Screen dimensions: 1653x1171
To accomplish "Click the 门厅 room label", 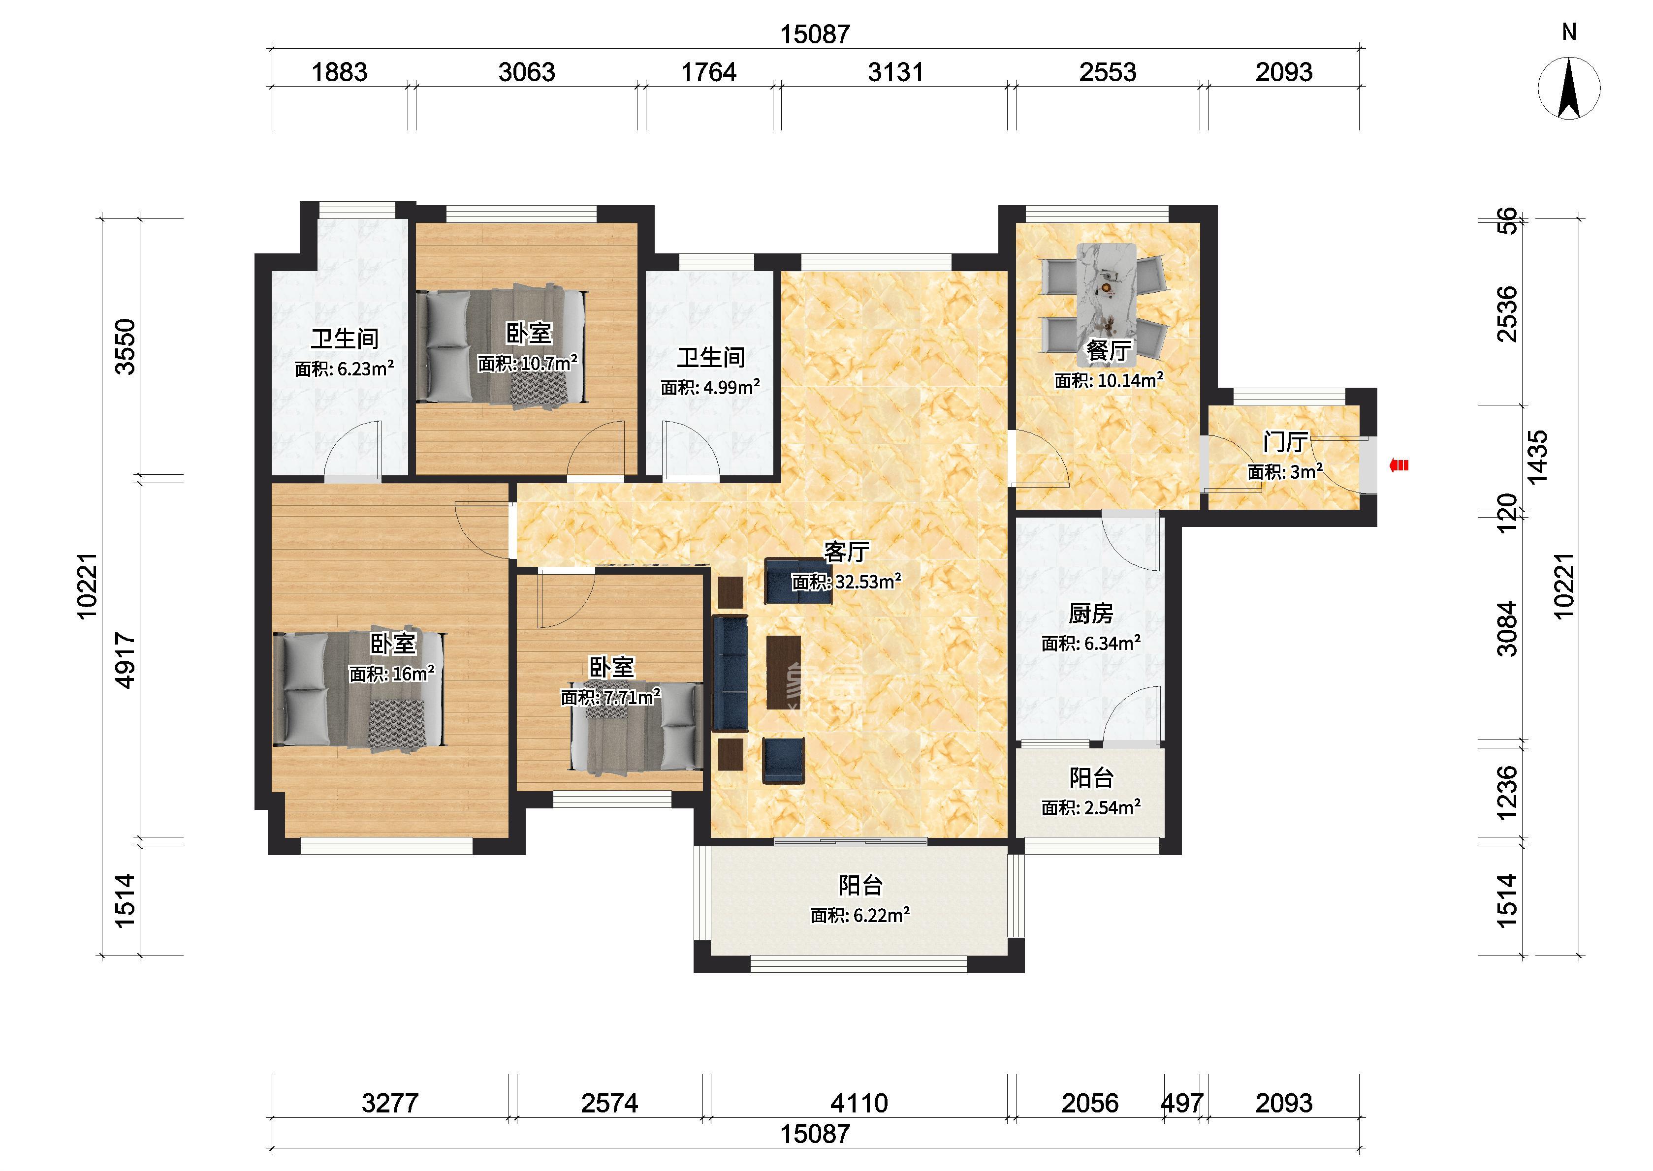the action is [x=1285, y=442].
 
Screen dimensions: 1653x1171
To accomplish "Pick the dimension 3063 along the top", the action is [x=527, y=72].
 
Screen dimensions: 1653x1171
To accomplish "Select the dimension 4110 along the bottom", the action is [x=859, y=1103].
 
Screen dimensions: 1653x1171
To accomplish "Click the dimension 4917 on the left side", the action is [x=126, y=660].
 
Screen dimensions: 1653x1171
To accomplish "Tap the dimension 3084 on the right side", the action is [x=1507, y=629].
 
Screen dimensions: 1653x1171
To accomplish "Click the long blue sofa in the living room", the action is [x=730, y=673].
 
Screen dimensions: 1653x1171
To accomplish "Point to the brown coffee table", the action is [x=784, y=672].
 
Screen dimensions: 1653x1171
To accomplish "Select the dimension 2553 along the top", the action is [x=1108, y=72].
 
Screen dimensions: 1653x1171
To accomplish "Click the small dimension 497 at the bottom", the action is [x=1182, y=1103].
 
